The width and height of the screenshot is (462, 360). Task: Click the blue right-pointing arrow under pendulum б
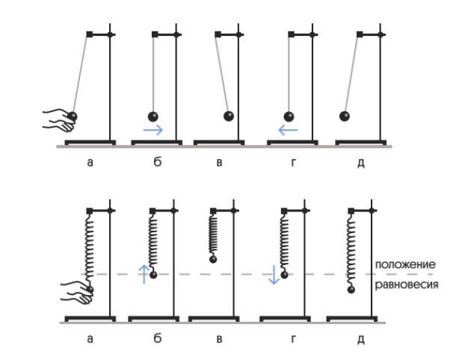(x=153, y=130)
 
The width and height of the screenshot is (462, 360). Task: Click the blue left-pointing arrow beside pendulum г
(x=288, y=130)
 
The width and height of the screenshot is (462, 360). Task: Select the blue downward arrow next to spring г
(x=274, y=274)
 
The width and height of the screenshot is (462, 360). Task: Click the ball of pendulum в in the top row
(x=229, y=116)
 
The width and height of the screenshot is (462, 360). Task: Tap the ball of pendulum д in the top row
(x=345, y=116)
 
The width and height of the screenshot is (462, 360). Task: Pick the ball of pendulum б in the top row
(x=153, y=116)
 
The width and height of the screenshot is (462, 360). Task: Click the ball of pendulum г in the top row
(x=289, y=116)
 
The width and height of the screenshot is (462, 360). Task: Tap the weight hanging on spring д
(x=351, y=289)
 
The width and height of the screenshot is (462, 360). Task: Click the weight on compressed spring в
(x=212, y=259)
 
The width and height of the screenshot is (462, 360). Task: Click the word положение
(x=405, y=264)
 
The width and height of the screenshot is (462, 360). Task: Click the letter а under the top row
(x=90, y=162)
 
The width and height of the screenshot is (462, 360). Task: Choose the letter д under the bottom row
(x=360, y=340)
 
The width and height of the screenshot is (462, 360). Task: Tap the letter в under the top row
(x=219, y=162)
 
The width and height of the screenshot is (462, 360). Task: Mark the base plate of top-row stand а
(x=90, y=141)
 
